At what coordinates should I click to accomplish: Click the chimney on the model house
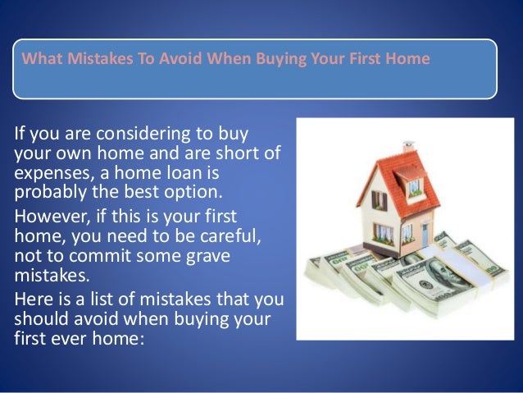point(407,149)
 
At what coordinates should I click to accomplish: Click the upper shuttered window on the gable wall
point(378,199)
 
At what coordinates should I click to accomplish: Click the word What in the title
point(37,59)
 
